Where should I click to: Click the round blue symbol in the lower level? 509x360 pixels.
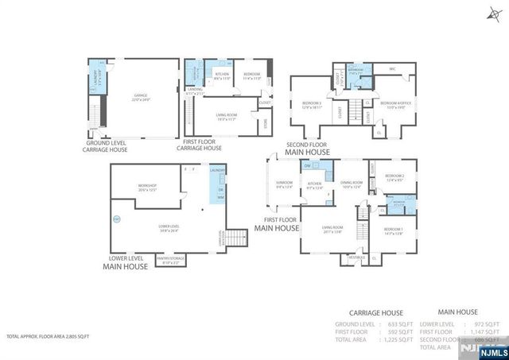(116, 219)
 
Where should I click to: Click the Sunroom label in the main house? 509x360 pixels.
(284, 185)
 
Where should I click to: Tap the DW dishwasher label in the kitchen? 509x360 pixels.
(307, 165)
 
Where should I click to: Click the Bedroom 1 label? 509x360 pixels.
(393, 231)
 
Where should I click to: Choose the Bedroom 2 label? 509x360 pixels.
(395, 177)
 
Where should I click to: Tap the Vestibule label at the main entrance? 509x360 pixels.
(356, 257)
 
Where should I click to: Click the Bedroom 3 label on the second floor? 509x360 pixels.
(312, 104)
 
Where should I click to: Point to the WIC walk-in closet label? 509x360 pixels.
(390, 69)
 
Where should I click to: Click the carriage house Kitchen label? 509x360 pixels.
(222, 75)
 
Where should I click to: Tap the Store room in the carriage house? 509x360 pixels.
(266, 122)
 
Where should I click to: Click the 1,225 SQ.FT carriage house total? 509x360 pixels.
(399, 339)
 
